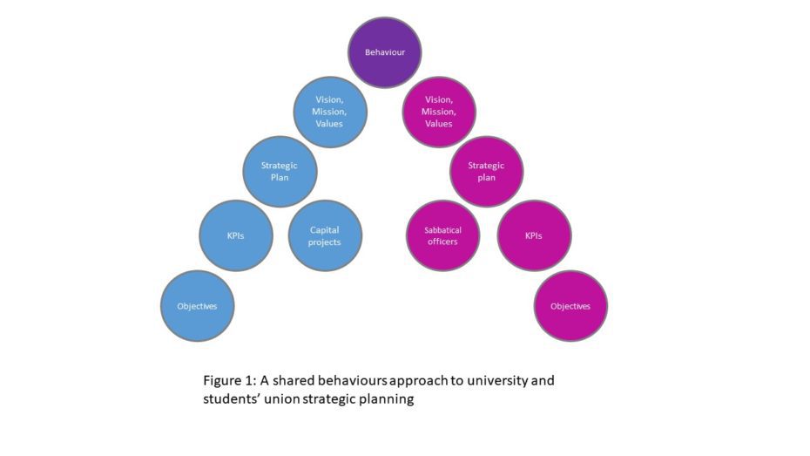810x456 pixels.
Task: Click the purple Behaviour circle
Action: (385, 52)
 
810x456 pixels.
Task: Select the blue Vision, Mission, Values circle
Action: (329, 112)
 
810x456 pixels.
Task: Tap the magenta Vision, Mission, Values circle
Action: (439, 112)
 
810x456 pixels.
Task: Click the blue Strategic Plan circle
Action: (280, 171)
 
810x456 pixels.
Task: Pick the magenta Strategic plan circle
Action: (486, 171)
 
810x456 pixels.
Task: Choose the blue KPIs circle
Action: (235, 235)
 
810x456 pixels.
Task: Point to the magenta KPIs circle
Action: (534, 235)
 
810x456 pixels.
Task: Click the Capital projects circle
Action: (325, 235)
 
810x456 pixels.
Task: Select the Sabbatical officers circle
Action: (442, 235)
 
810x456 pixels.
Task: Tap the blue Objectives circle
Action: (197, 306)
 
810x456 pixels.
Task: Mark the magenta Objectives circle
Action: (570, 306)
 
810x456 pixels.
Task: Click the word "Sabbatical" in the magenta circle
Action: (442, 230)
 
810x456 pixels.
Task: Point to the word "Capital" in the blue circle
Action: (325, 230)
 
